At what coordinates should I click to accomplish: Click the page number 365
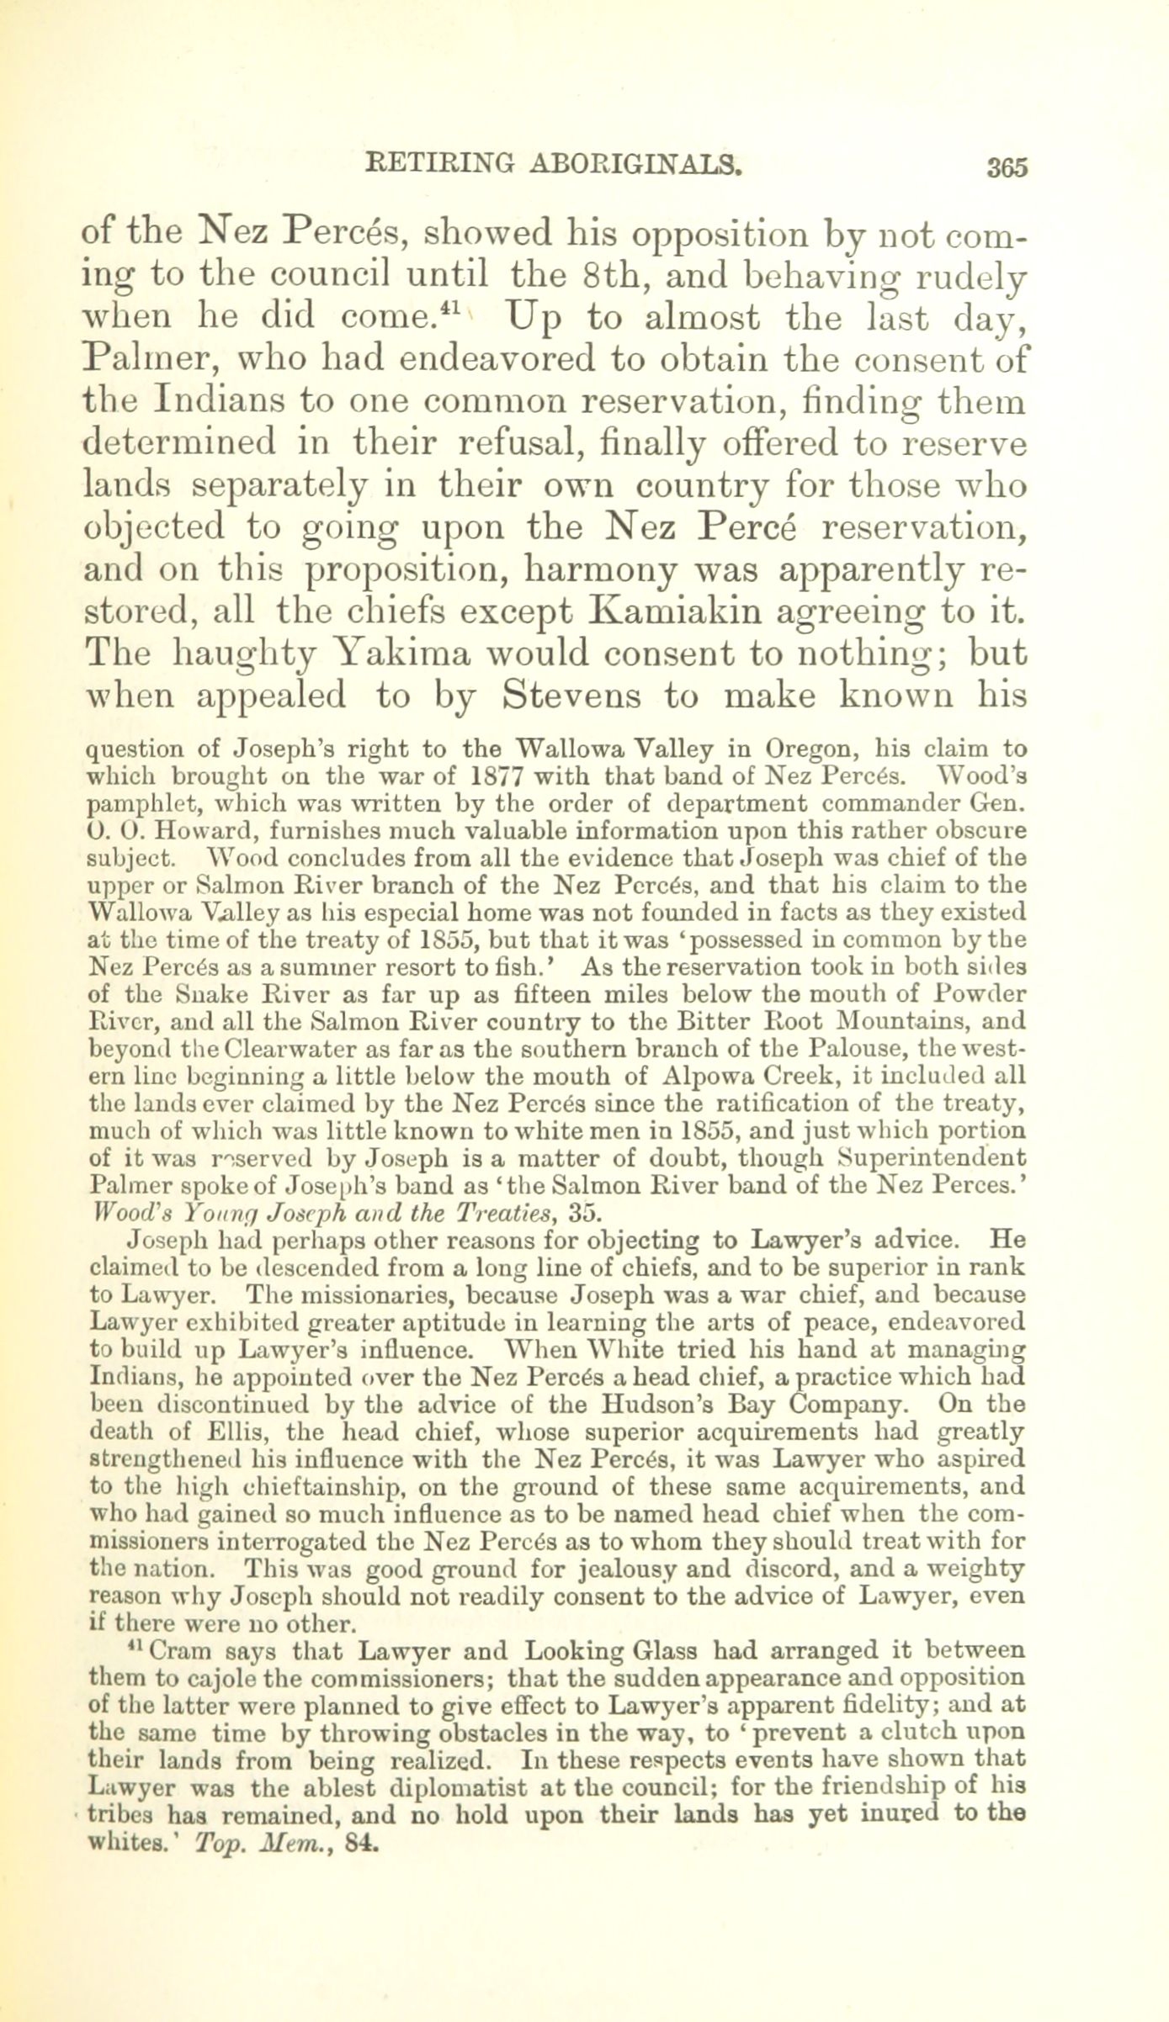coord(1007,166)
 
